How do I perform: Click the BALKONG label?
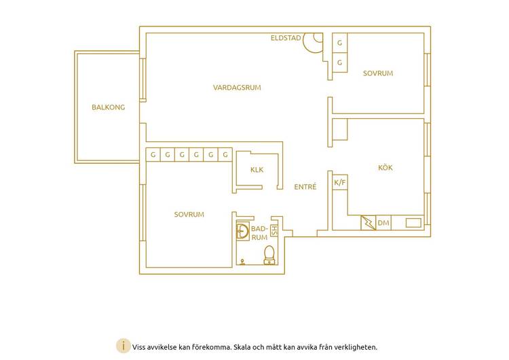pyautogui.click(x=108, y=107)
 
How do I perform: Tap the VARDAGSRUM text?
pyautogui.click(x=237, y=88)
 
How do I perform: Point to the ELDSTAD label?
pyautogui.click(x=286, y=38)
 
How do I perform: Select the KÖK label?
pyautogui.click(x=385, y=168)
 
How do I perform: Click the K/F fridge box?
pyautogui.click(x=340, y=183)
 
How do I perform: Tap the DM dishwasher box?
pyautogui.click(x=383, y=223)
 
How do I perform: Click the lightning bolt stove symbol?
pyautogui.click(x=369, y=223)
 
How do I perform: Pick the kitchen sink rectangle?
pyautogui.click(x=413, y=223)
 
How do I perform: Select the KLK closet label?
pyautogui.click(x=257, y=170)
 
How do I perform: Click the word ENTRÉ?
pyautogui.click(x=305, y=187)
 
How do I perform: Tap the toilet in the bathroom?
pyautogui.click(x=269, y=255)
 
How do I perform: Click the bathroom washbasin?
pyautogui.click(x=242, y=232)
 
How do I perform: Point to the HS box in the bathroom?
pyautogui.click(x=274, y=230)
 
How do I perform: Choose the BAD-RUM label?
pyautogui.click(x=259, y=233)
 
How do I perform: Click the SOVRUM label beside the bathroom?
pyautogui.click(x=189, y=215)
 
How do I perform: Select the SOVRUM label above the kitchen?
pyautogui.click(x=378, y=73)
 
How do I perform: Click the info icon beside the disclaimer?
pyautogui.click(x=124, y=346)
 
